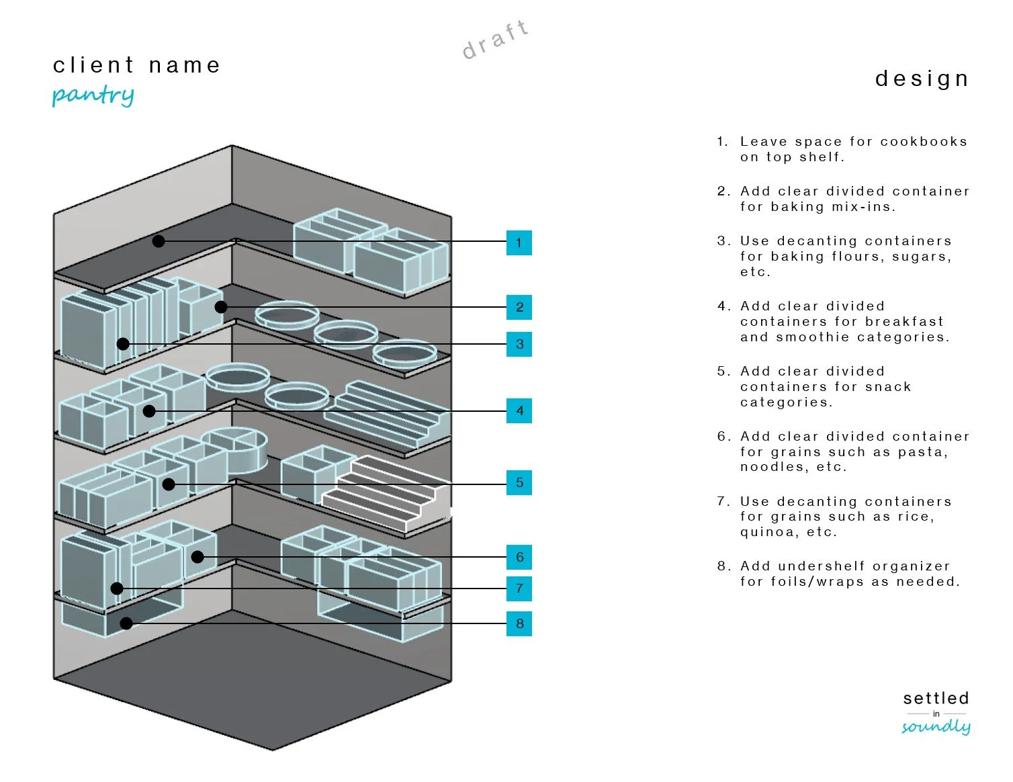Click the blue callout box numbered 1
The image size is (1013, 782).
[x=519, y=243]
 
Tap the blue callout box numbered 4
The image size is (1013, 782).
[x=519, y=410]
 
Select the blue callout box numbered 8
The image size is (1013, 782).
[x=519, y=623]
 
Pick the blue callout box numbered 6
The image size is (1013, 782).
[x=519, y=557]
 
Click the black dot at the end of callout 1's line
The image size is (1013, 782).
[x=159, y=241]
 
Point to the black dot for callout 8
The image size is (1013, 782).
[x=126, y=623]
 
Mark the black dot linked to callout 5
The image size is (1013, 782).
[x=169, y=484]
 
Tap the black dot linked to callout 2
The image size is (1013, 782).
[x=221, y=307]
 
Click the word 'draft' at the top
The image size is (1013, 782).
[x=496, y=40]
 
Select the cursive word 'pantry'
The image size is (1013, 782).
[x=93, y=95]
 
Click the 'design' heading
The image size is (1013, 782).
[x=922, y=79]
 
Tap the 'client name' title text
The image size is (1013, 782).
[x=136, y=65]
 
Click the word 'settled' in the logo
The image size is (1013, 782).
[x=936, y=698]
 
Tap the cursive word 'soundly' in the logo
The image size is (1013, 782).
[x=936, y=726]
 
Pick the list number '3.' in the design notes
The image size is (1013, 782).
[x=723, y=241]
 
